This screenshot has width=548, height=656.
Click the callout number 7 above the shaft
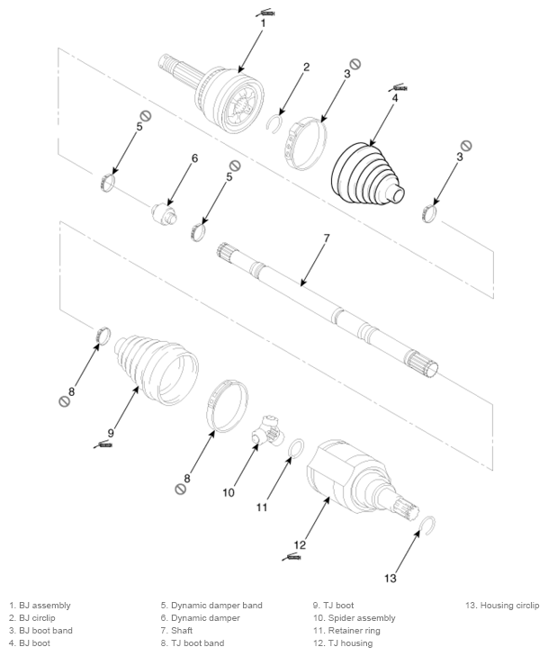327,238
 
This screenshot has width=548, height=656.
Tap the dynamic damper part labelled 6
164,213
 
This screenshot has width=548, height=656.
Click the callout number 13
390,579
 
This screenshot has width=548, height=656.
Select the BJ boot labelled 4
367,174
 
